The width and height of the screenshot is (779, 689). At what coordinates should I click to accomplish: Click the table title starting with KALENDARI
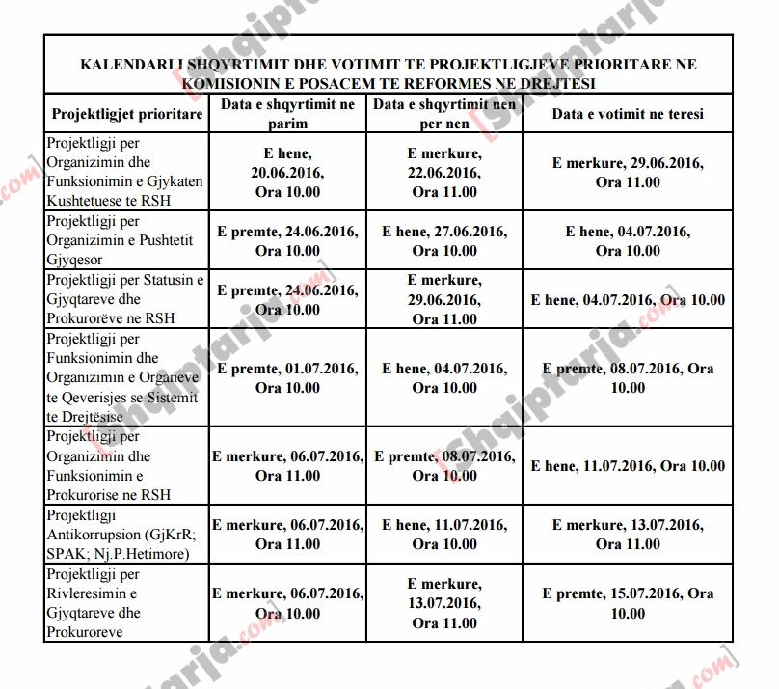pyautogui.click(x=389, y=72)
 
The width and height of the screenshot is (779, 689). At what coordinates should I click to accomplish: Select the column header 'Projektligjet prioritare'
pyautogui.click(x=127, y=114)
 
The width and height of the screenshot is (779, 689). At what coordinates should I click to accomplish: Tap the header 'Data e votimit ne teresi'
pyautogui.click(x=628, y=114)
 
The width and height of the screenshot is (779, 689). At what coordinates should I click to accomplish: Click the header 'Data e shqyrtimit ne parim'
pyautogui.click(x=287, y=114)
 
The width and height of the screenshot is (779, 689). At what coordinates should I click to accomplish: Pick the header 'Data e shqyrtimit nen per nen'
pyautogui.click(x=444, y=114)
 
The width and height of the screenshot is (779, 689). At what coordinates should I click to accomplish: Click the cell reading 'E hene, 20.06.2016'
pyautogui.click(x=287, y=172)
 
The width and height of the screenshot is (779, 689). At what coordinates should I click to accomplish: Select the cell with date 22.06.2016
pyautogui.click(x=444, y=172)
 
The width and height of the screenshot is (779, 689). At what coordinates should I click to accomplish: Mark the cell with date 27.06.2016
pyautogui.click(x=444, y=241)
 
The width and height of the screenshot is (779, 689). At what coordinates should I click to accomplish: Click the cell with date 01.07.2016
pyautogui.click(x=287, y=378)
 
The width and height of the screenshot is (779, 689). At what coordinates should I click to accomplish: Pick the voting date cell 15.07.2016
pyautogui.click(x=628, y=603)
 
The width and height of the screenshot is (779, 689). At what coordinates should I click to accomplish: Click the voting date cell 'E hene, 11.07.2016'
pyautogui.click(x=628, y=466)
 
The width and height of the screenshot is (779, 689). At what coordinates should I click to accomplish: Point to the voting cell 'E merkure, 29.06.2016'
pyautogui.click(x=628, y=172)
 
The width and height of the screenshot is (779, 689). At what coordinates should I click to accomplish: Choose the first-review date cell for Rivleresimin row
pyautogui.click(x=287, y=603)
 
